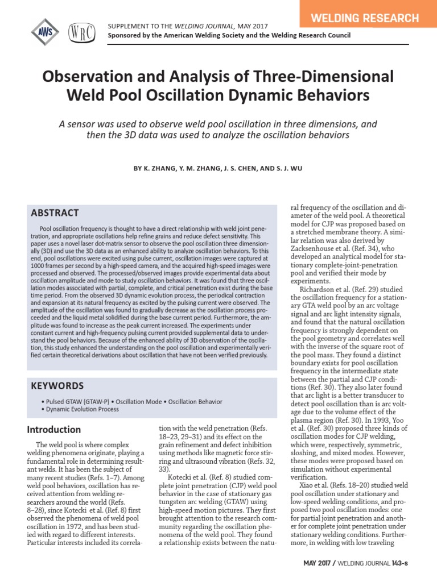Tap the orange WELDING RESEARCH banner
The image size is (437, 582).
(365, 18)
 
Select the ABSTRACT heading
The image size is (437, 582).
(55, 213)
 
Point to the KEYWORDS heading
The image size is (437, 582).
(57, 385)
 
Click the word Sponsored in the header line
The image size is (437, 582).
(126, 36)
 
